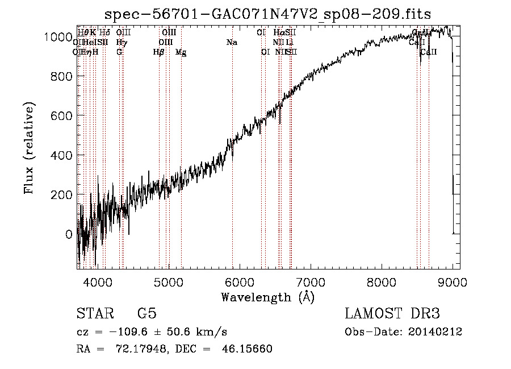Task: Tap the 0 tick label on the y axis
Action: (69, 234)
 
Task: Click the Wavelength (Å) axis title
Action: (267, 297)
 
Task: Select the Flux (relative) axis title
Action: (29, 148)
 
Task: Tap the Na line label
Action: (232, 43)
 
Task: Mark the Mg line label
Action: (181, 52)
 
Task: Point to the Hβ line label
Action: (159, 52)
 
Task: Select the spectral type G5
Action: (147, 314)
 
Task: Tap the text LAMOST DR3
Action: (392, 314)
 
